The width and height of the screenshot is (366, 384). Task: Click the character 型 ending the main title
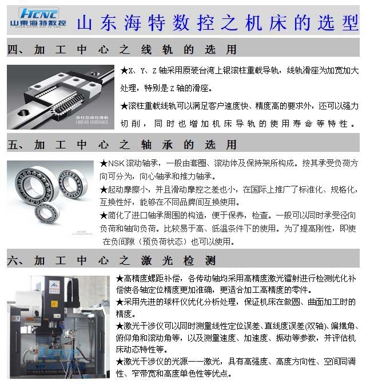coord(348,22)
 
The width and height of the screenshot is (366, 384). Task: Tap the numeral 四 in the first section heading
coord(14,50)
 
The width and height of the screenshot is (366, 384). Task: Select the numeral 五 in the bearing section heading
coord(14,144)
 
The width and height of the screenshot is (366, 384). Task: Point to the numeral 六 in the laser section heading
coord(14,261)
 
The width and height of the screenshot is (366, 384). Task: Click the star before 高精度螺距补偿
coord(119,279)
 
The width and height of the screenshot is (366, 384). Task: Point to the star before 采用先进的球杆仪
coord(119,303)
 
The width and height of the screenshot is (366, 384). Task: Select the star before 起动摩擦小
coord(104,190)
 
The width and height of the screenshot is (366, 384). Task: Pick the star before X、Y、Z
coord(124,71)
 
